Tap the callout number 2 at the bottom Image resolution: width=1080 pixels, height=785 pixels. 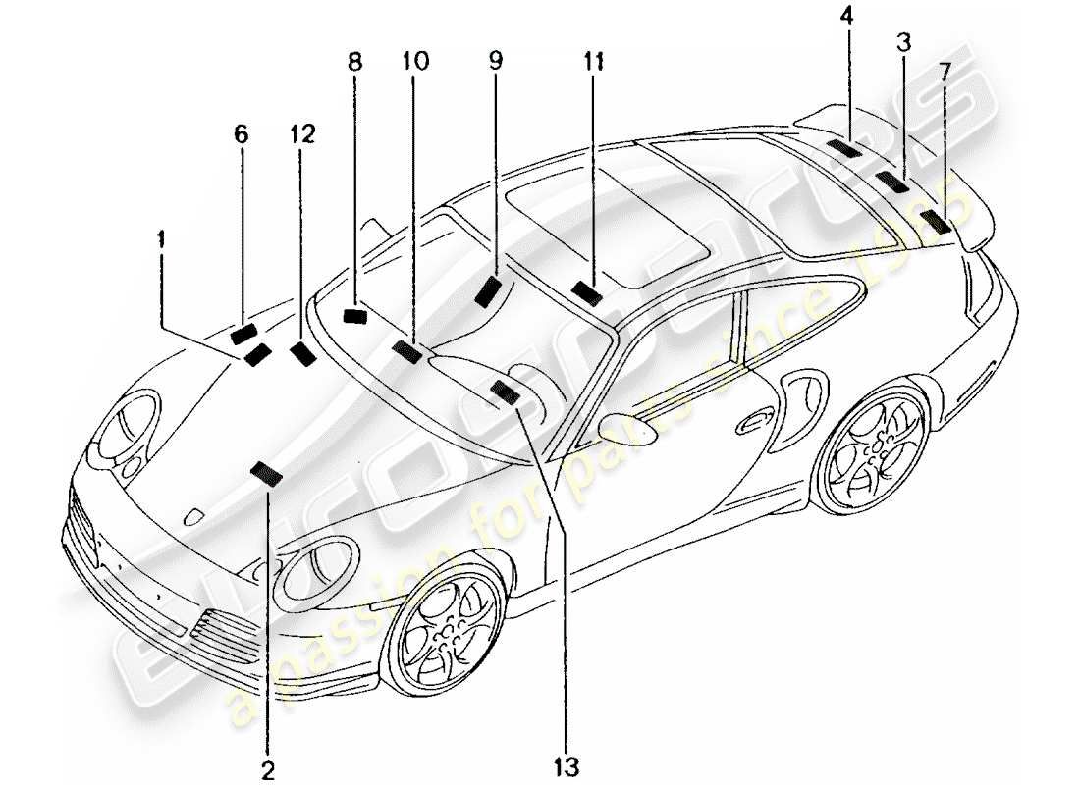[x=268, y=768]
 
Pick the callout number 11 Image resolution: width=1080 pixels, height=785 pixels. [x=592, y=62]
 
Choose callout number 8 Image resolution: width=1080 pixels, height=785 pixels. [x=354, y=62]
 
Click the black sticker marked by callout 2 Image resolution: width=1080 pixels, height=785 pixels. [x=266, y=475]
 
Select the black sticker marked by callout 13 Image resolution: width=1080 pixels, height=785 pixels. [x=507, y=392]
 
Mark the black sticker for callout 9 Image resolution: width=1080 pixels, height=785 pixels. [x=488, y=290]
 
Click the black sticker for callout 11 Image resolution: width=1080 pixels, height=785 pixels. [x=588, y=292]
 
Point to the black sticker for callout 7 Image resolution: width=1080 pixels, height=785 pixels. [x=938, y=221]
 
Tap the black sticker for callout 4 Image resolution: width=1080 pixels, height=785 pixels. [x=843, y=148]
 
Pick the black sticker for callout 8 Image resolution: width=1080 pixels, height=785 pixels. [x=354, y=315]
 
